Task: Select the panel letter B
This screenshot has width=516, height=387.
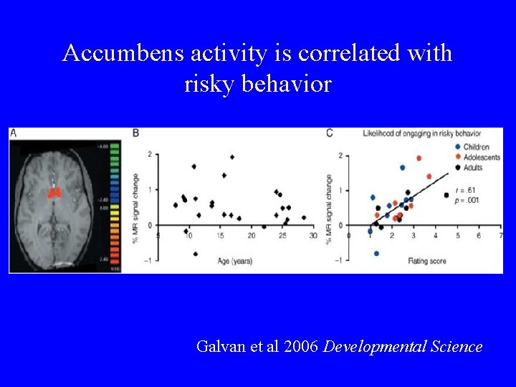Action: pyautogui.click(x=136, y=133)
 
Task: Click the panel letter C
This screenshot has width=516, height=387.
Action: pyautogui.click(x=329, y=133)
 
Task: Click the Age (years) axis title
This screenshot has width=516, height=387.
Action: pyautogui.click(x=235, y=261)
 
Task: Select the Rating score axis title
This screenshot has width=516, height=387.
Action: pyautogui.click(x=427, y=261)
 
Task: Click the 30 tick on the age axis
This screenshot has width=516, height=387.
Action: pyautogui.click(x=312, y=235)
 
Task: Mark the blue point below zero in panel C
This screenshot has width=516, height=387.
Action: pyautogui.click(x=376, y=253)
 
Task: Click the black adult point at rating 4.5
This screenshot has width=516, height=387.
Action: pyautogui.click(x=446, y=195)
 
